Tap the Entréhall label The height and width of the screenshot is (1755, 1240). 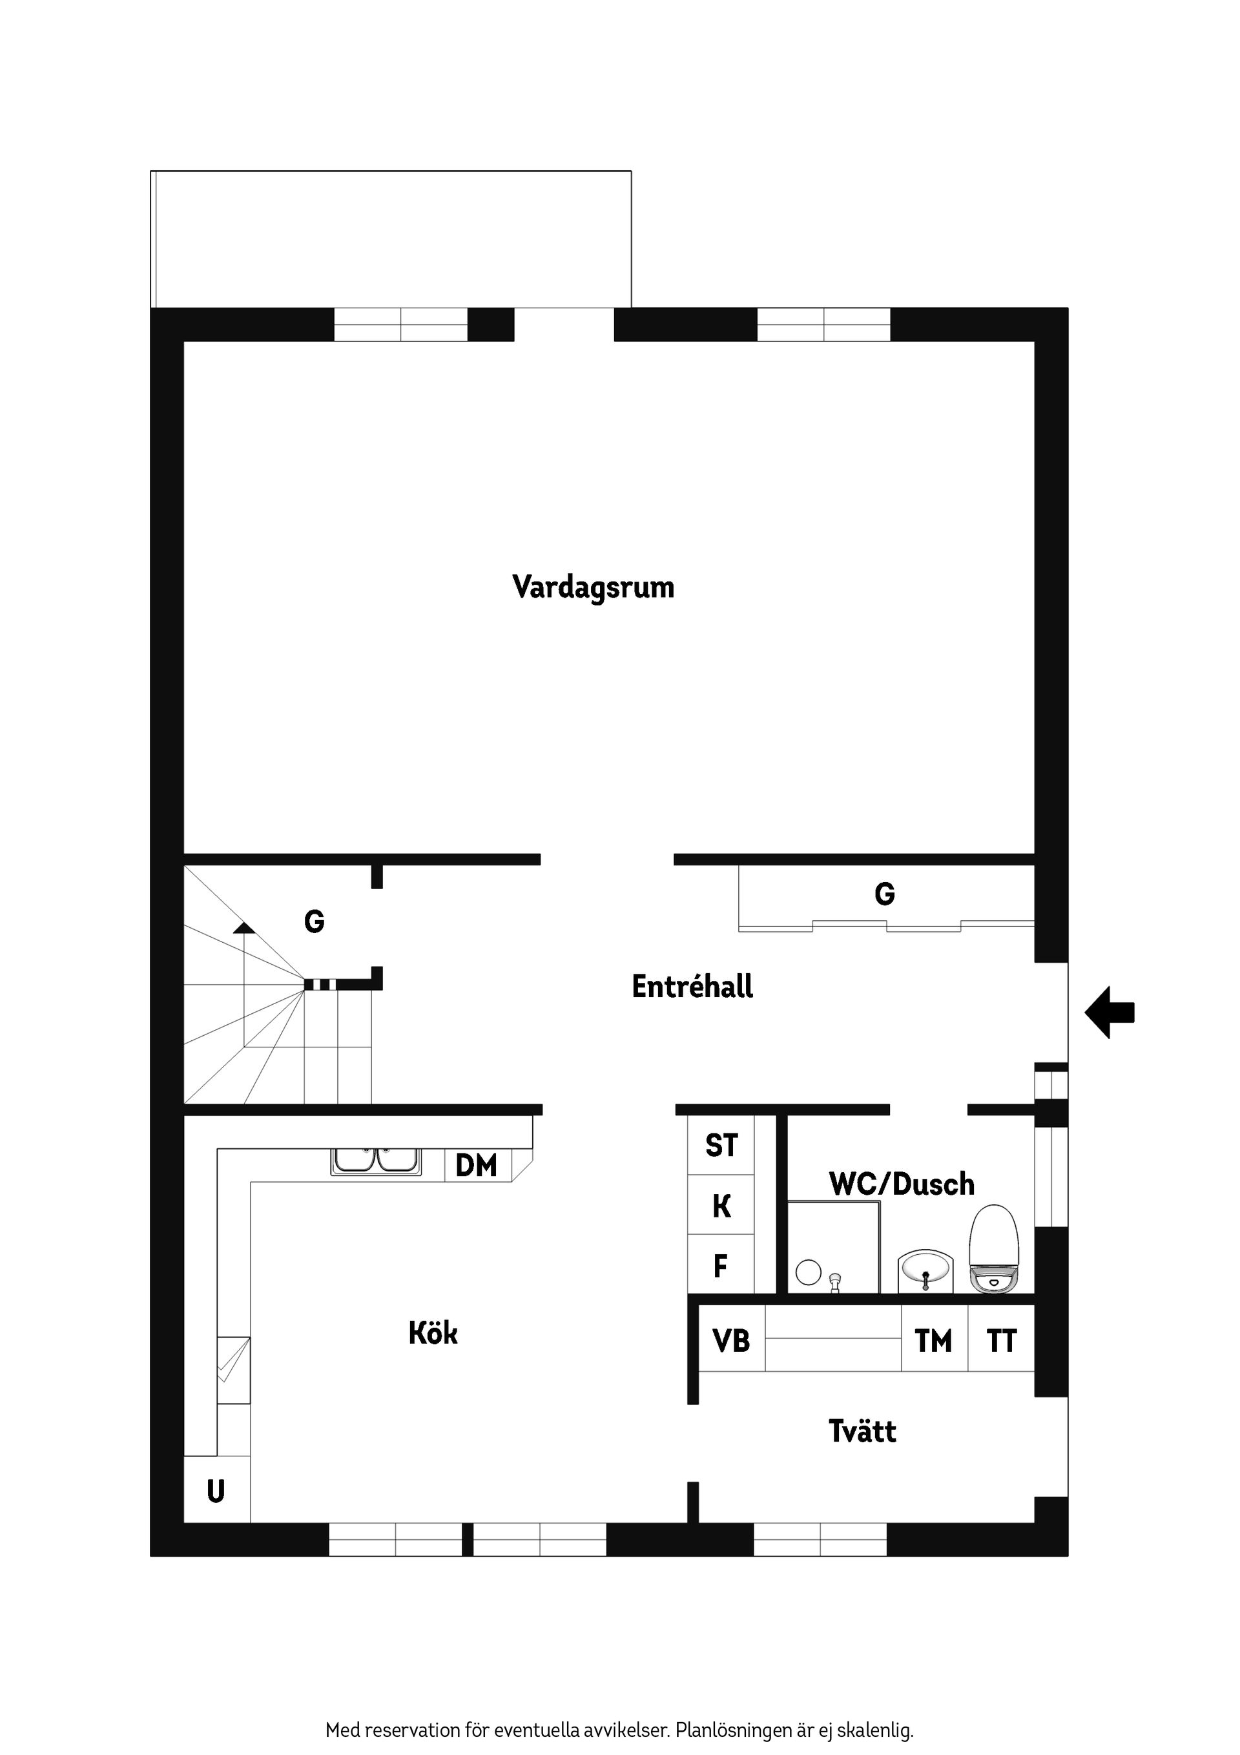(692, 987)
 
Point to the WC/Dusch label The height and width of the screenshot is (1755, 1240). (902, 1184)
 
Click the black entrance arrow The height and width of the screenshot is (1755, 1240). (1110, 1012)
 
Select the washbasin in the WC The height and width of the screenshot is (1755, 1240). (925, 1271)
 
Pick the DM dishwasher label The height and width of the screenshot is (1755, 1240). (476, 1166)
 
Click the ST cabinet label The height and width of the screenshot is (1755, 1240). (721, 1146)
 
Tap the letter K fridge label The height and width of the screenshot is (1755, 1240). (721, 1207)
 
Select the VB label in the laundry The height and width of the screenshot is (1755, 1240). (731, 1341)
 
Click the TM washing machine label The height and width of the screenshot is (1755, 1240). (934, 1341)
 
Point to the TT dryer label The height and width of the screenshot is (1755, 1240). (1001, 1341)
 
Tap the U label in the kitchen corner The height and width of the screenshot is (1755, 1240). (216, 1491)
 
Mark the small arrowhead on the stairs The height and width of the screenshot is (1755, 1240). (243, 928)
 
